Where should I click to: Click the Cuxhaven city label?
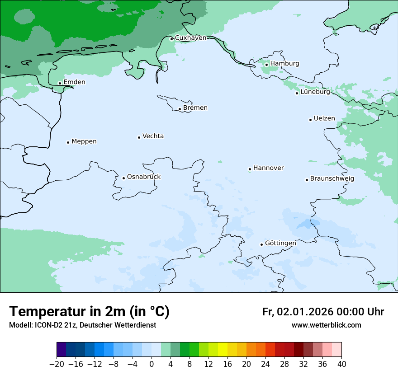(x=190, y=38)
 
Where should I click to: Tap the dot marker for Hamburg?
(x=266, y=65)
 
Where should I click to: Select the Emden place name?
(x=74, y=82)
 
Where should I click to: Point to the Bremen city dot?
(x=180, y=109)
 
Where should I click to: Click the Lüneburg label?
(x=315, y=92)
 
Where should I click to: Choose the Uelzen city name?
(x=324, y=119)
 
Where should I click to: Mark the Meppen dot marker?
(x=68, y=142)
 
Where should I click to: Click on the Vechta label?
(x=153, y=136)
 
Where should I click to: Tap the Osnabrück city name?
(x=144, y=177)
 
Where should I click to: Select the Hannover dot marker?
(x=250, y=169)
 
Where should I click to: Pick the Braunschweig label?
(x=332, y=179)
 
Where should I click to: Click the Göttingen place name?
(x=280, y=244)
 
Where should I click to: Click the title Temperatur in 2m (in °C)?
(x=90, y=312)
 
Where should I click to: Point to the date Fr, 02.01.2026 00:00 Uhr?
(x=323, y=312)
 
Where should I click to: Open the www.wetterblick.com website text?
(x=326, y=325)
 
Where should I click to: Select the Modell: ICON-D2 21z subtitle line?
(x=82, y=325)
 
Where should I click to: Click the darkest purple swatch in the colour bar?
(x=61, y=350)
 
